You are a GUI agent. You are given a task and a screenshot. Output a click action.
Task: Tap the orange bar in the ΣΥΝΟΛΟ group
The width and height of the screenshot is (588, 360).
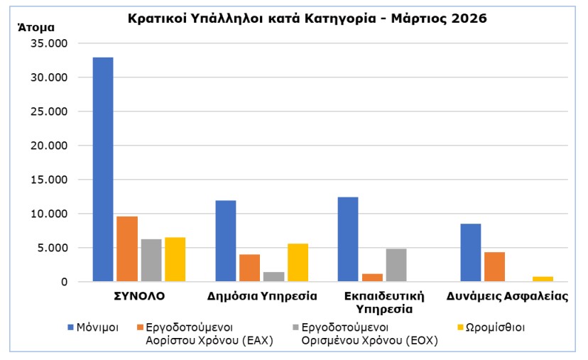tap(127, 249)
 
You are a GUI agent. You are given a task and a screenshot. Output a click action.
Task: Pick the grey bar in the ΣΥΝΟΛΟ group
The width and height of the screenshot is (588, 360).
tap(151, 260)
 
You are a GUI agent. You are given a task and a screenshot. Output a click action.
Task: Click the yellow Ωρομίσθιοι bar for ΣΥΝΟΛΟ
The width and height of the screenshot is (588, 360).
tap(175, 259)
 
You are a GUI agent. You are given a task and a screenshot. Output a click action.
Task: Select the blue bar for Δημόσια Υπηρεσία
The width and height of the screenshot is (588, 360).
tap(226, 241)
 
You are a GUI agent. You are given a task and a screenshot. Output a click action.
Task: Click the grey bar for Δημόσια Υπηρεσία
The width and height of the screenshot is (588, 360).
tap(273, 276)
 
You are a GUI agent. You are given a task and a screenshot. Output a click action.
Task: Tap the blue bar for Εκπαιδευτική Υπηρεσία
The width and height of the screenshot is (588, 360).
tap(348, 239)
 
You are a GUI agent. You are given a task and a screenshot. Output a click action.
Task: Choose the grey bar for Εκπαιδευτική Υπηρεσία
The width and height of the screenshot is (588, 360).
tap(396, 265)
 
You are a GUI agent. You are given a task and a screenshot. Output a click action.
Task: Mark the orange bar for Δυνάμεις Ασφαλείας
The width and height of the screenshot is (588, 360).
tap(495, 266)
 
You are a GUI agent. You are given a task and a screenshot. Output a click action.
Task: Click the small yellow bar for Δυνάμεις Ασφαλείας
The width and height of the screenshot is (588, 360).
tap(543, 278)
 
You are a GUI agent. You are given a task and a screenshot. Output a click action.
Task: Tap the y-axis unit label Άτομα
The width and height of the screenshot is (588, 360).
tap(35, 28)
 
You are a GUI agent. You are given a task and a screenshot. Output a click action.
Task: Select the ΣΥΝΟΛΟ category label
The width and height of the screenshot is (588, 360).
tap(139, 295)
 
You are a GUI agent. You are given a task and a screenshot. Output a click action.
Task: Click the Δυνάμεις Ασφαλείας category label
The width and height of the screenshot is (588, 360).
tap(507, 295)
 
